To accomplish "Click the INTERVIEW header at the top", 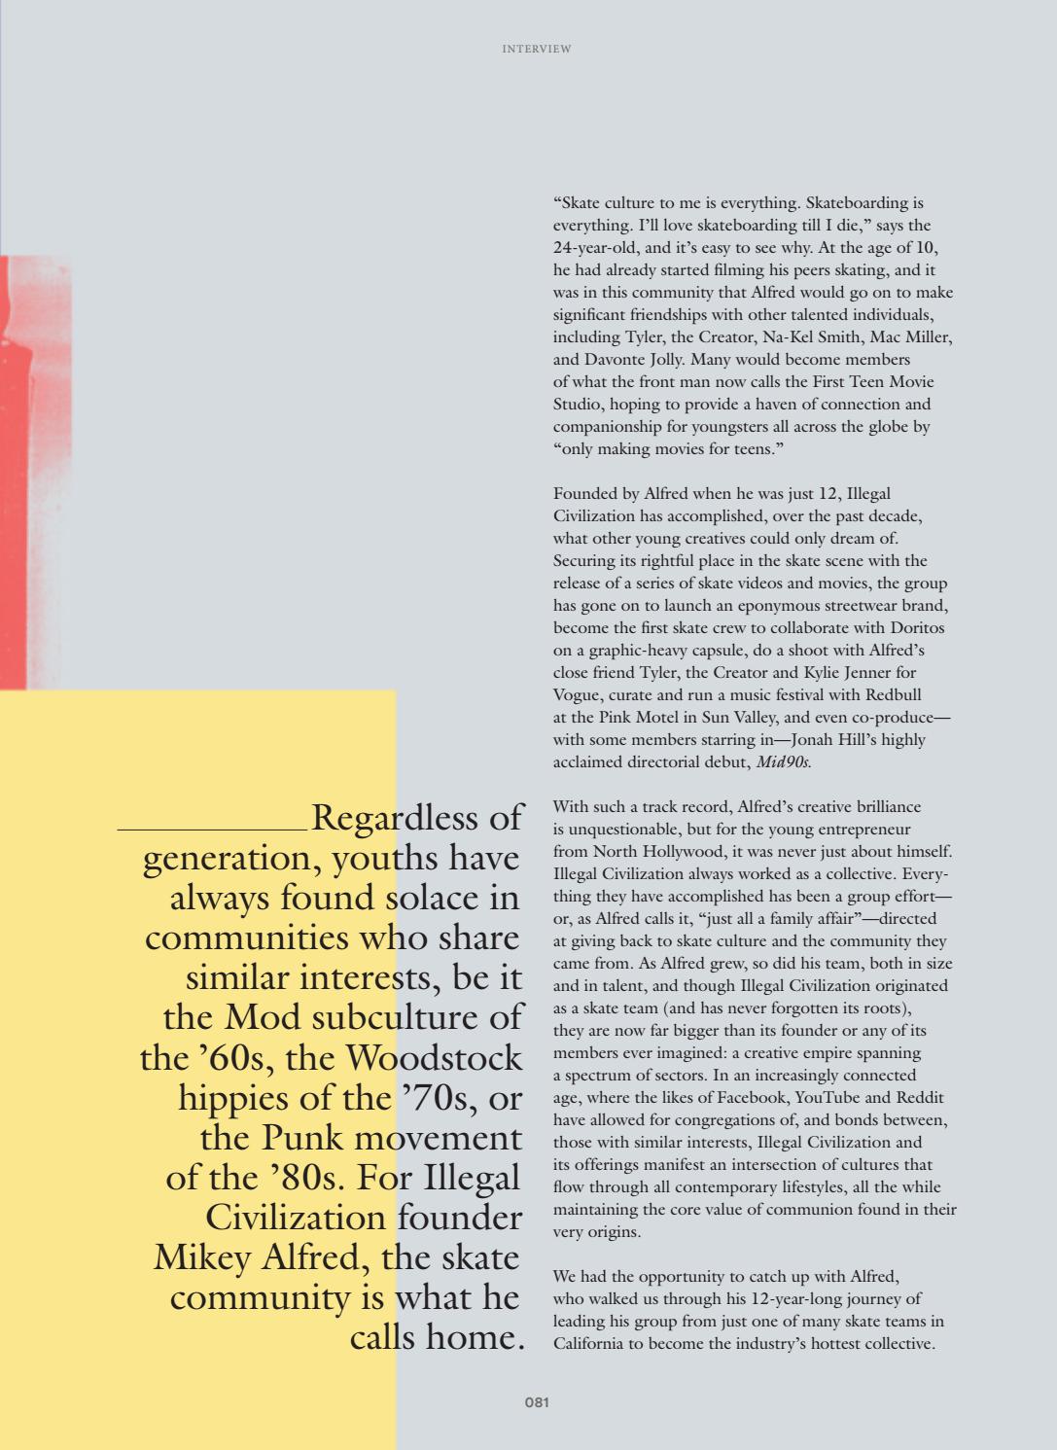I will (x=536, y=49).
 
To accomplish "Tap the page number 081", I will (x=537, y=1402).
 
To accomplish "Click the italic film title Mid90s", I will (x=784, y=762).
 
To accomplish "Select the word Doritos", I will (x=916, y=628).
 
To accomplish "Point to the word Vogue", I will (x=576, y=695).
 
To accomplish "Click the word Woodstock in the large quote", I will (x=434, y=1058).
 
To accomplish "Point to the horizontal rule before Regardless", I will (x=213, y=829).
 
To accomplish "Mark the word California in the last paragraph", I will (x=591, y=1344).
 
